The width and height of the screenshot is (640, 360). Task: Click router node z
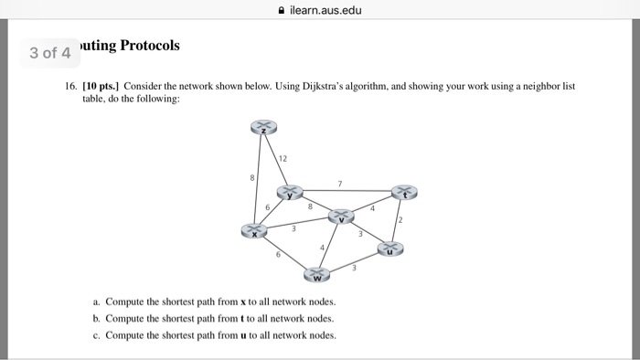pyautogui.click(x=264, y=128)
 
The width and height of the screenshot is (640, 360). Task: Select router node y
pyautogui.click(x=291, y=193)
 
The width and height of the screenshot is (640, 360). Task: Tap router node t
pyautogui.click(x=403, y=192)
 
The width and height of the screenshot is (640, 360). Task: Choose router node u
pyautogui.click(x=390, y=247)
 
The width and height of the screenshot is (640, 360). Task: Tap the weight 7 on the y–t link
pyautogui.click(x=339, y=185)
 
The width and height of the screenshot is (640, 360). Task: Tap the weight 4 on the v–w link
pyautogui.click(x=322, y=248)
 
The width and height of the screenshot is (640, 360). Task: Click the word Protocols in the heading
pyautogui.click(x=146, y=45)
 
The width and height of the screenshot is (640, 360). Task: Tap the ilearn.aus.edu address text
pyautogui.click(x=325, y=12)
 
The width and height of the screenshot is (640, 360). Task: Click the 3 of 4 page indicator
pyautogui.click(x=49, y=52)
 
